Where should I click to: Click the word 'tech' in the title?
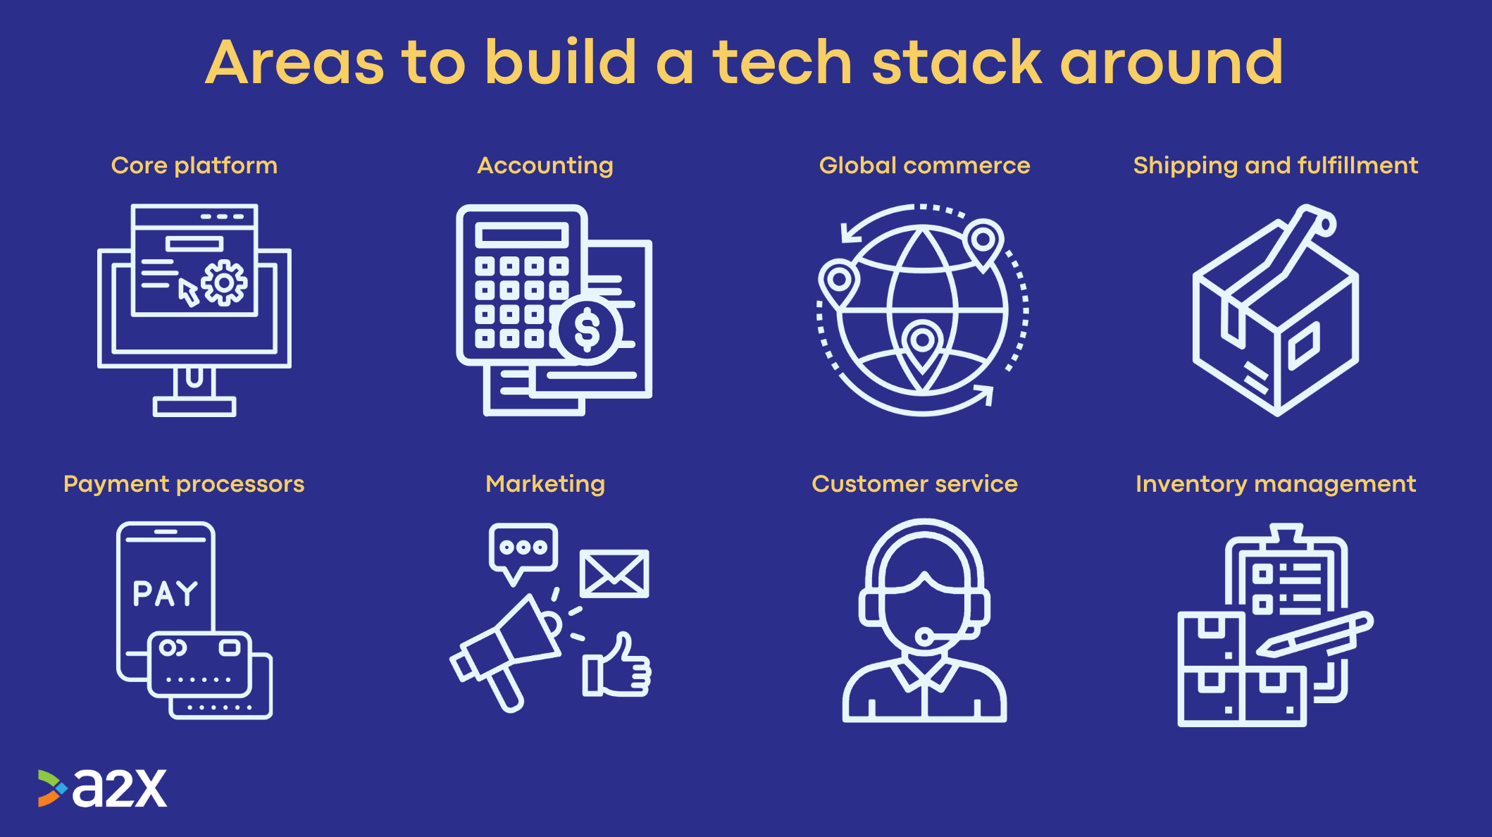coord(783,63)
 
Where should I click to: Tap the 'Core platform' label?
coord(194,166)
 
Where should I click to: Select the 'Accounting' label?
coord(545,166)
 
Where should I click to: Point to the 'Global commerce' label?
coord(924,166)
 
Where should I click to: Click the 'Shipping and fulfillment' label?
coord(1276,166)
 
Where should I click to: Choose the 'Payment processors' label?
coord(184,485)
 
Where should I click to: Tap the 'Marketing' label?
coord(545,485)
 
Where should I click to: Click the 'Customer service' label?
coord(914,484)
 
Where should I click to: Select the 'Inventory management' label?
coord(1276,485)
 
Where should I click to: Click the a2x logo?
coord(103,788)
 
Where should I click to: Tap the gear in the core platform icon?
coord(224,283)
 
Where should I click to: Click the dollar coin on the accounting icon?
coord(587,330)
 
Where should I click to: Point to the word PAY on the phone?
coord(166,594)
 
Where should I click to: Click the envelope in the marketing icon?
coord(614,573)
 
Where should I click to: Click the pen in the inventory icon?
coord(1314,634)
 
